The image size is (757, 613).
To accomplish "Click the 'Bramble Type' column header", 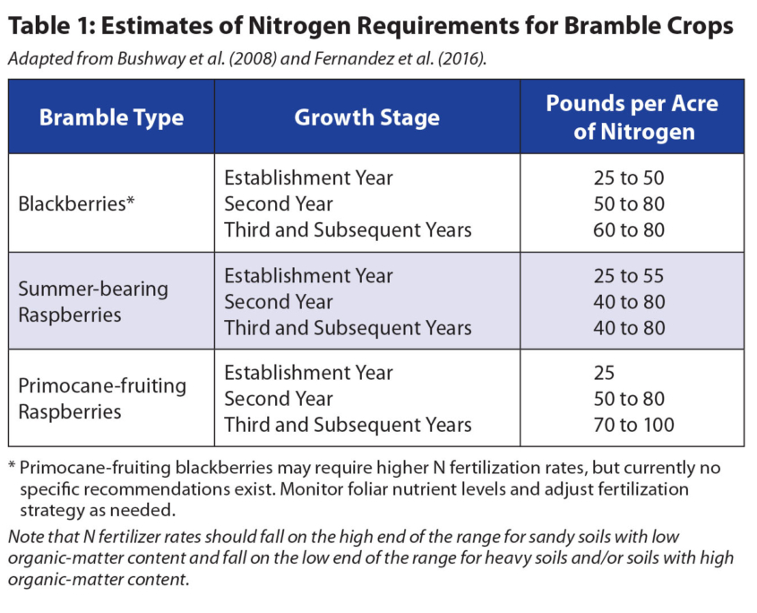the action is coord(111,117).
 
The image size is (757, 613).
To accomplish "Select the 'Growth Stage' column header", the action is coord(367,117).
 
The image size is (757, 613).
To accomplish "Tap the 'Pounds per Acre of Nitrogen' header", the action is coord(632,117).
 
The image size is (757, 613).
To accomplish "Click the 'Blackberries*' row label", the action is coord(76,203).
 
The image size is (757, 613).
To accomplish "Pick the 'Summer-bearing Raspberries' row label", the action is coord(93,302).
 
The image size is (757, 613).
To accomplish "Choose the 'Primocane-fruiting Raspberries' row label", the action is coord(102,399).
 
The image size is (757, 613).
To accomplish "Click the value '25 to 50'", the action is coord(629,177).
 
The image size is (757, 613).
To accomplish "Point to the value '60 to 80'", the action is coord(629,230).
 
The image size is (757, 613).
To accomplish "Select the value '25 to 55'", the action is coord(629,276).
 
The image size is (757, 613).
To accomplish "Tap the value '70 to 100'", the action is coord(633,425).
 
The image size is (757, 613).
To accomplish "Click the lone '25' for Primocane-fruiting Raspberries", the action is coord(604,373).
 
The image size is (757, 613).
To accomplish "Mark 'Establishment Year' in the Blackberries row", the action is coord(308,177).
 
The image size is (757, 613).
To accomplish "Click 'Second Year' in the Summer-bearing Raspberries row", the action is coord(279,302).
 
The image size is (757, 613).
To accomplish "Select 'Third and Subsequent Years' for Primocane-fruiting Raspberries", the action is coord(348,425).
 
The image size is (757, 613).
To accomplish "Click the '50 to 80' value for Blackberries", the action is coord(629,203).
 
